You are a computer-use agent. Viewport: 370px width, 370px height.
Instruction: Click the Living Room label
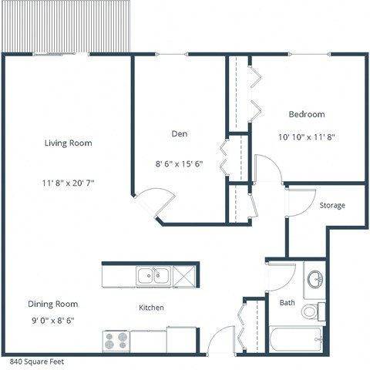click(69, 143)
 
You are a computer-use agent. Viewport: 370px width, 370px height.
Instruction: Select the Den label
click(179, 133)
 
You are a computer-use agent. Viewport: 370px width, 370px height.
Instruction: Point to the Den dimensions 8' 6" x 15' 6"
click(179, 163)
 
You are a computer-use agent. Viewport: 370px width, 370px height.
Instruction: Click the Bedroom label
click(306, 114)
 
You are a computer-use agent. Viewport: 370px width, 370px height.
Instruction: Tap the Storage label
click(332, 206)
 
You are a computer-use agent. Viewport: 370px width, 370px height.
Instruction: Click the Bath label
click(287, 303)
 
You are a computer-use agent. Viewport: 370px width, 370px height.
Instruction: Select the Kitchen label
click(151, 308)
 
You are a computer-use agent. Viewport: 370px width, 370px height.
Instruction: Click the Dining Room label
click(53, 304)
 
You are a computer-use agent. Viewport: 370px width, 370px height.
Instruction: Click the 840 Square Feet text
click(37, 361)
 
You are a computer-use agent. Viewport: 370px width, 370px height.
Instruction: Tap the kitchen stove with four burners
click(116, 338)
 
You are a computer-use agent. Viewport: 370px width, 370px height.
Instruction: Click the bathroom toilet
click(310, 311)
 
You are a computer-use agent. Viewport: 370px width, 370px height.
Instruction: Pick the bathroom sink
click(314, 280)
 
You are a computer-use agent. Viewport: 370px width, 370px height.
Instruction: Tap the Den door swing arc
click(146, 204)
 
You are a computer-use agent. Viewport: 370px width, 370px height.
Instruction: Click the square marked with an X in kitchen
click(184, 274)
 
